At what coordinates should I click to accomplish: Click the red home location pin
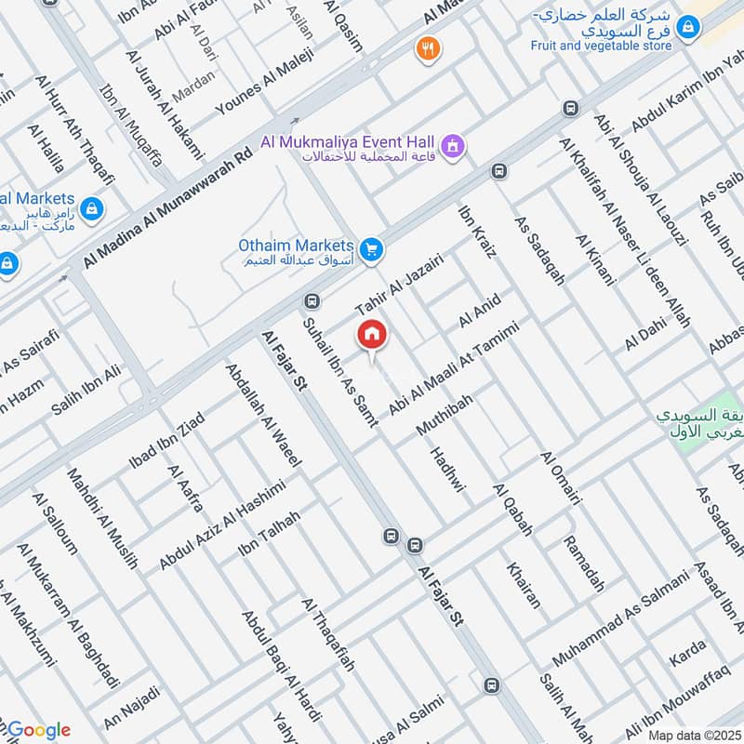(371, 335)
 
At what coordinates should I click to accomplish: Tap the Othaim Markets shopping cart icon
(371, 248)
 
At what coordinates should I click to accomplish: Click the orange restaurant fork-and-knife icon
(428, 48)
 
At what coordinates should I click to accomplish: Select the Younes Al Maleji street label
(265, 83)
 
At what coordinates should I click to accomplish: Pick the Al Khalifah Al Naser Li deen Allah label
(626, 232)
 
